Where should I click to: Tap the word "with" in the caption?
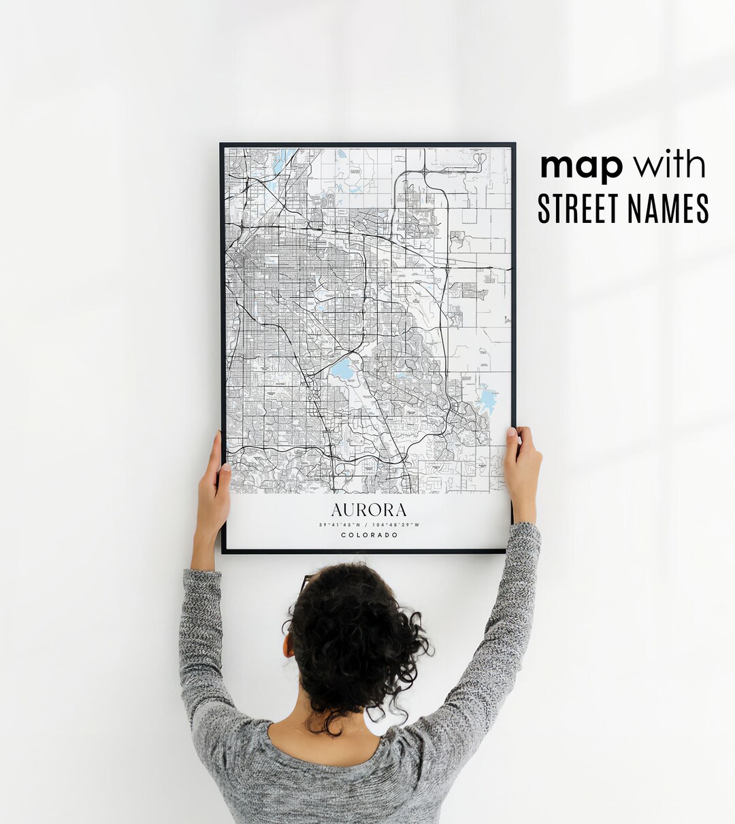[669, 165]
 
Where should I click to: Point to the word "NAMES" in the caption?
[670, 209]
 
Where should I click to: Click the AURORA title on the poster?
[369, 510]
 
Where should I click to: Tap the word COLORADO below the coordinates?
[369, 535]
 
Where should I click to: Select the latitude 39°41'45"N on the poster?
[338, 525]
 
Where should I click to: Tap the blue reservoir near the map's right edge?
[486, 400]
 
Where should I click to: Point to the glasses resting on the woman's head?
[306, 582]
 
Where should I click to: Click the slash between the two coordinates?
[366, 525]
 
